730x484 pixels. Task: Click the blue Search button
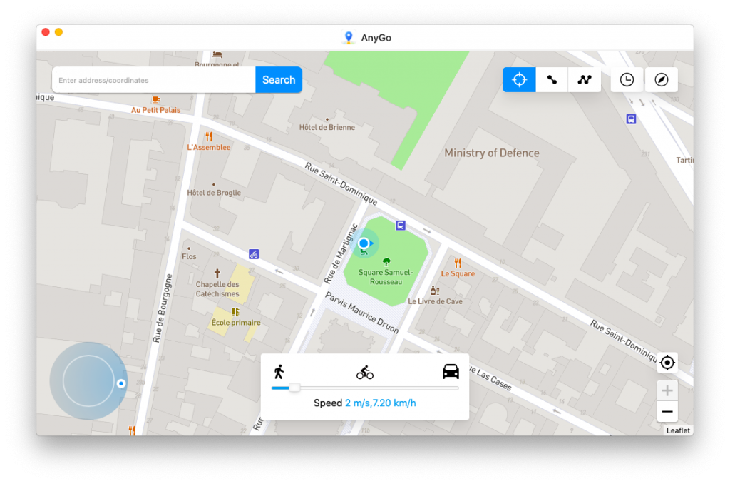(x=279, y=80)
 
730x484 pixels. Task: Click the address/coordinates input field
(x=154, y=80)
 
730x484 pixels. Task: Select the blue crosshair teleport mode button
(x=520, y=79)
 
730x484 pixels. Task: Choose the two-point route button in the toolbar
(x=552, y=79)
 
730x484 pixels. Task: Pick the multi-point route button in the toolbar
(x=585, y=79)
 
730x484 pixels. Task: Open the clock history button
(x=627, y=79)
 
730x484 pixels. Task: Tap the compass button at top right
(x=662, y=79)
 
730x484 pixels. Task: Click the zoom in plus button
(x=667, y=390)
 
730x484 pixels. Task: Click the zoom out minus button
(x=667, y=412)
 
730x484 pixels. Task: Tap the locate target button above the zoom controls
(x=667, y=363)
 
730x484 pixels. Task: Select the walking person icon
(x=279, y=371)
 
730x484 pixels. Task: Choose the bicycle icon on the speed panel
(x=365, y=372)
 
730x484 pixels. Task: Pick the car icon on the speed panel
(x=451, y=371)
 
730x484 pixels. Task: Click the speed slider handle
(x=294, y=388)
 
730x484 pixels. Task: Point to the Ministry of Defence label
(x=492, y=153)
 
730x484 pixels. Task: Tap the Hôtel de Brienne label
(x=327, y=127)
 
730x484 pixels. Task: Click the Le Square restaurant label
(x=458, y=273)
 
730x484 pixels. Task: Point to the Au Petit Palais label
(x=156, y=110)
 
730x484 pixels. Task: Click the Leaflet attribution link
(x=678, y=430)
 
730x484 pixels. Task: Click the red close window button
(x=46, y=32)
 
